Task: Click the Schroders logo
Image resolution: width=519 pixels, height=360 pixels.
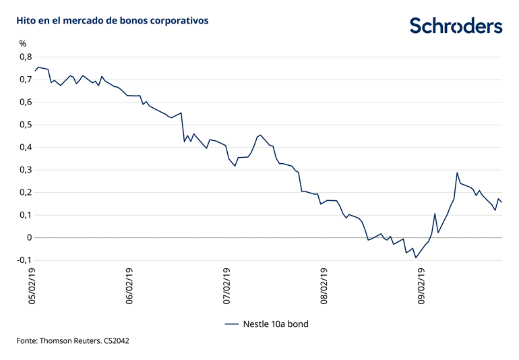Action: click(x=456, y=26)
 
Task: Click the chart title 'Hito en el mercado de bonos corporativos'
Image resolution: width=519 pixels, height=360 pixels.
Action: click(x=113, y=21)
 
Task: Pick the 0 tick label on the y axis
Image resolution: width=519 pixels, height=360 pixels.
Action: click(x=29, y=237)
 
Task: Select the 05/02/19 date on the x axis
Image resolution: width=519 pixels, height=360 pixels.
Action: click(x=31, y=287)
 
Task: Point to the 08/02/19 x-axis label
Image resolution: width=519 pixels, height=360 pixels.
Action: click(x=324, y=287)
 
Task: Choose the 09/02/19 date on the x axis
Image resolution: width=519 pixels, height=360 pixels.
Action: click(x=421, y=287)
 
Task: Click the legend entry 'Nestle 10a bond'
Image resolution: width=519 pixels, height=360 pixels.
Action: click(x=266, y=324)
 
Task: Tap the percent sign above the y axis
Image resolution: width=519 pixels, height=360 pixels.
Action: click(x=23, y=44)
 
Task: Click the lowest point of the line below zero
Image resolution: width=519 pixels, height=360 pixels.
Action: click(x=416, y=258)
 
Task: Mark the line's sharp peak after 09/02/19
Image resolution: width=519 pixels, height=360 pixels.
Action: click(x=457, y=173)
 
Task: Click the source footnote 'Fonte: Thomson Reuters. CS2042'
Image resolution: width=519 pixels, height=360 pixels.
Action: click(x=73, y=341)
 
